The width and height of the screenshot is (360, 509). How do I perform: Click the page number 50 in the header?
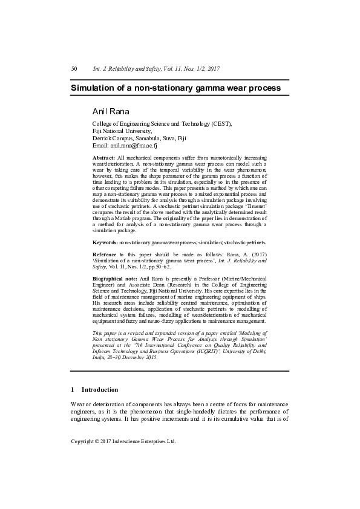point(74,70)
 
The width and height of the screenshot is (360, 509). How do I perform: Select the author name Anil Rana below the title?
point(112,111)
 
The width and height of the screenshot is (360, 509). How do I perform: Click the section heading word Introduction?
point(100,390)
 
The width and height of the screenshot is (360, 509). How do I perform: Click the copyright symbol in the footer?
point(101,441)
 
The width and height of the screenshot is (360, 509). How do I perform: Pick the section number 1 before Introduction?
point(73,390)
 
